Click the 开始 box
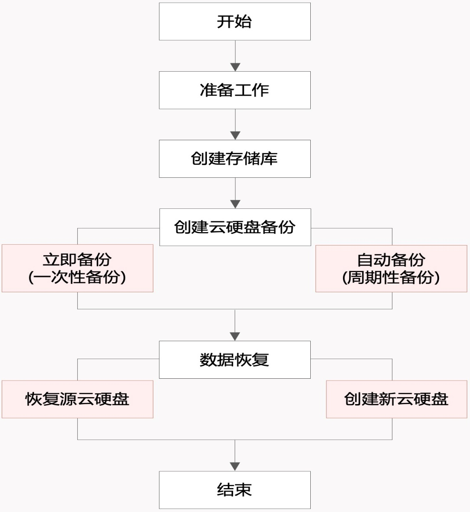point(234,21)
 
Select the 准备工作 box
point(234,90)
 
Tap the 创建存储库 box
point(234,159)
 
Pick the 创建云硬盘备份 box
point(235,227)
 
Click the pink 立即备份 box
point(77,268)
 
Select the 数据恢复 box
point(234,360)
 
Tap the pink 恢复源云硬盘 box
point(77,399)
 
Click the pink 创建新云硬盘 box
point(396,399)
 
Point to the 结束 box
point(234,490)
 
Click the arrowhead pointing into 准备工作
point(235,67)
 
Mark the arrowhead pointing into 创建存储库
point(235,135)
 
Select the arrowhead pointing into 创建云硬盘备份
point(235,204)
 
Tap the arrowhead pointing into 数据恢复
point(235,336)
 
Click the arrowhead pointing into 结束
point(235,467)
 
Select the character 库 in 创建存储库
point(269,159)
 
